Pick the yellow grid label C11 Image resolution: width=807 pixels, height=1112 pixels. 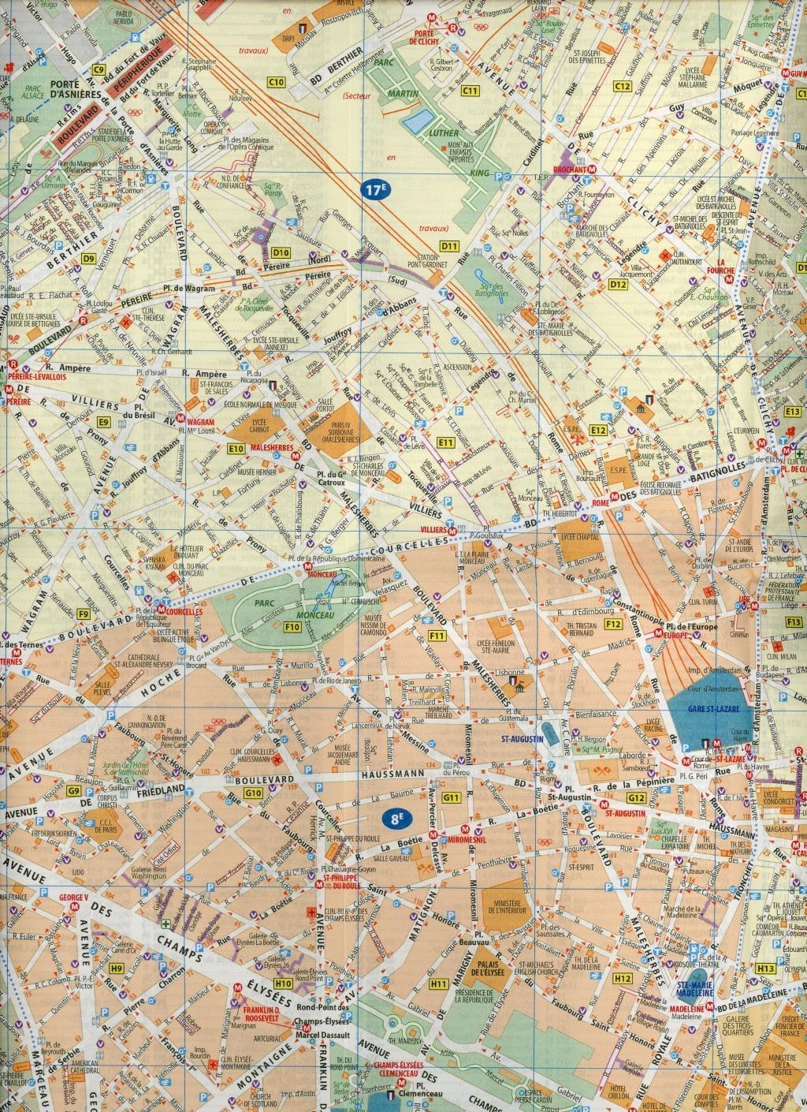[x=470, y=91]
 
